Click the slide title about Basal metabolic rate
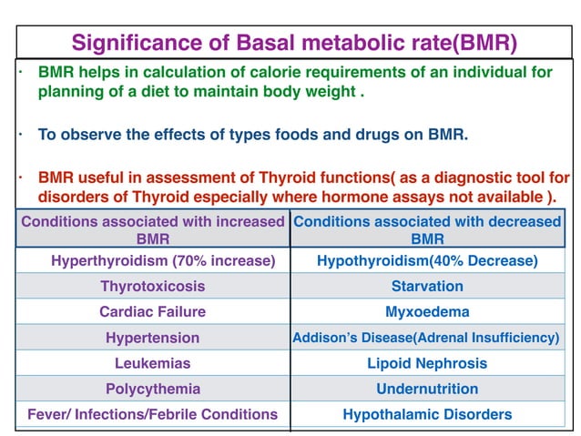pos(294,42)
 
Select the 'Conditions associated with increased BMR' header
pos(153,229)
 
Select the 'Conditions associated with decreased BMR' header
pos(427,229)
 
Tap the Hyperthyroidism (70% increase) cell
pos(163,261)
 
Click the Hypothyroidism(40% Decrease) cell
pos(427,261)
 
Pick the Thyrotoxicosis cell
pos(153,286)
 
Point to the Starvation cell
pos(427,286)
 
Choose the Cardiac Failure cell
pos(153,311)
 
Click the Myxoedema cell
pos(427,311)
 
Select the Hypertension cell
pos(153,338)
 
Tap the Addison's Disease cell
pos(426,338)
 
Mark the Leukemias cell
pos(153,363)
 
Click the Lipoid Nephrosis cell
pos(427,363)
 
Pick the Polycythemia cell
pos(153,389)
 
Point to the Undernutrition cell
pos(427,389)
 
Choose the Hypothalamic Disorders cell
pos(427,414)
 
